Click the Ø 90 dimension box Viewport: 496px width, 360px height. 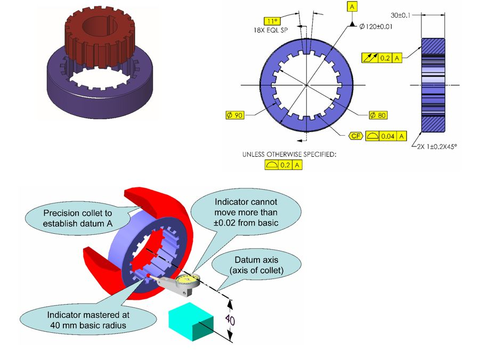coord(235,114)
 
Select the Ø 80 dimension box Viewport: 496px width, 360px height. coord(379,114)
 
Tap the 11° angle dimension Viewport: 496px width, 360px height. coord(273,21)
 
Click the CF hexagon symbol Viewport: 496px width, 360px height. coord(356,136)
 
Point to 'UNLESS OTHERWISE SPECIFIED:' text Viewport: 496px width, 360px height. coord(290,155)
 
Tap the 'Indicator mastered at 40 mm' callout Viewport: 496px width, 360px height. coord(88,319)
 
